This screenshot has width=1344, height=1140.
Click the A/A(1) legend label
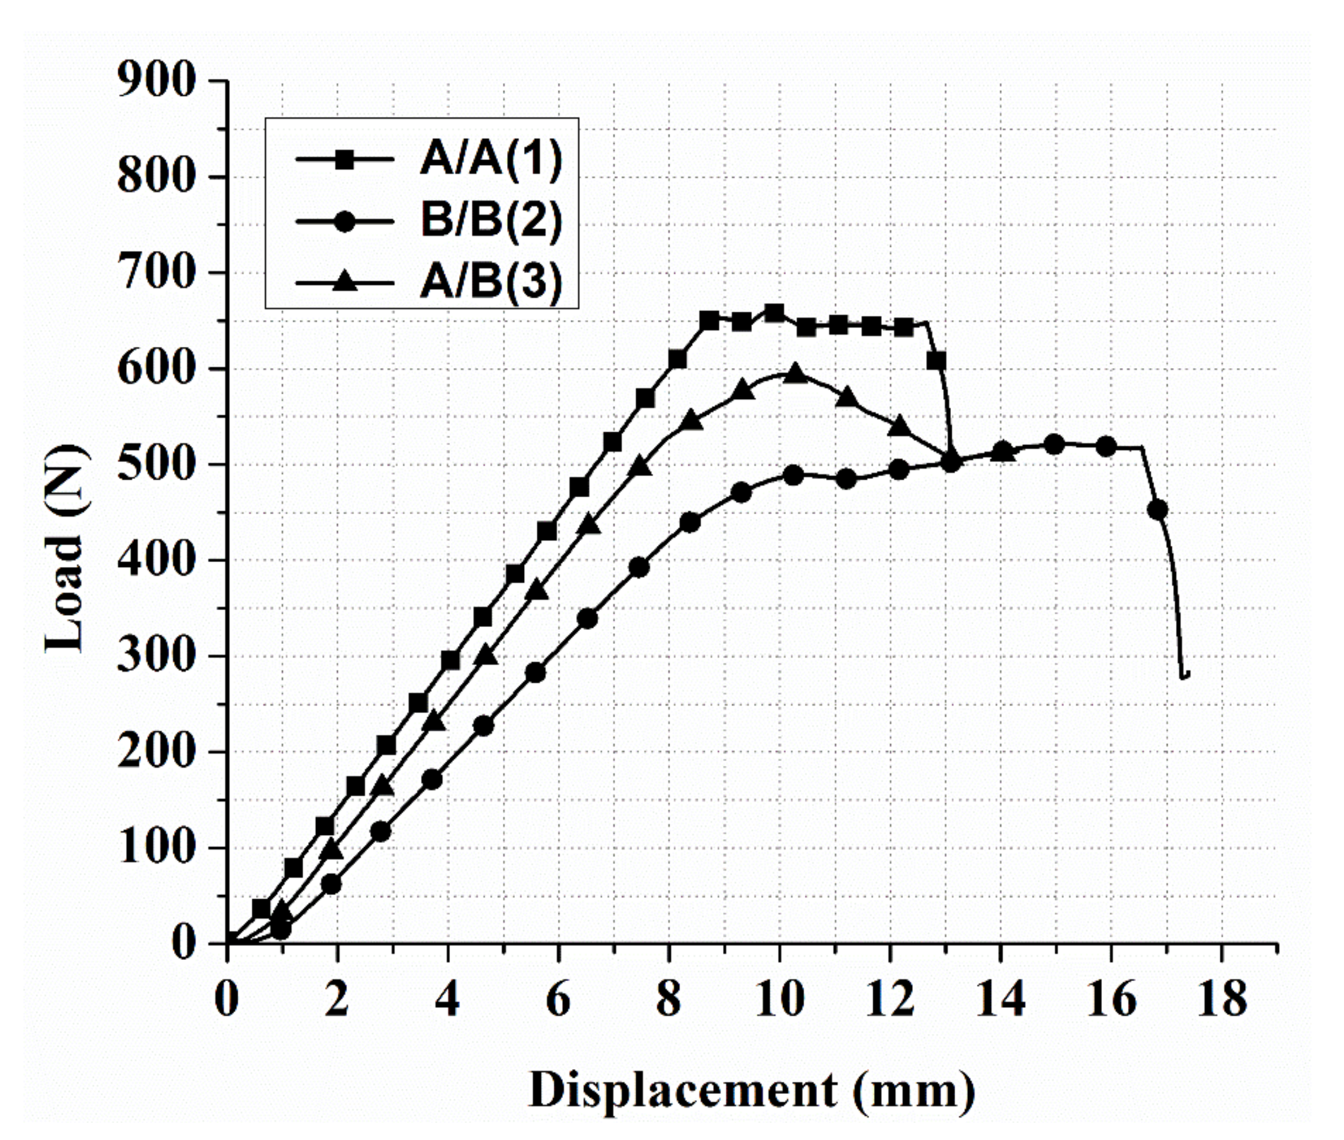click(x=491, y=159)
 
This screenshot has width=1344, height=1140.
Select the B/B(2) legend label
click(x=491, y=220)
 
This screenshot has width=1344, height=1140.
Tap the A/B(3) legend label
click(x=491, y=283)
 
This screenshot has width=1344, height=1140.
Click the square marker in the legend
click(x=344, y=159)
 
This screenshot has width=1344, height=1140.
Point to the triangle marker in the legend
click(x=344, y=282)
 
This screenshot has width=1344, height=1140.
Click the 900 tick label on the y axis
click(x=156, y=81)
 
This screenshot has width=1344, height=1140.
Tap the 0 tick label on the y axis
click(x=184, y=944)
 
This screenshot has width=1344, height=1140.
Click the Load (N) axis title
click(x=65, y=549)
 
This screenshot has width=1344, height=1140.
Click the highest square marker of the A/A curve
click(x=774, y=313)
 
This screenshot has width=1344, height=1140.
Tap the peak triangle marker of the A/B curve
click(x=796, y=374)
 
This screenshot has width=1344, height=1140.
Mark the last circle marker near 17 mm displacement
click(x=1157, y=510)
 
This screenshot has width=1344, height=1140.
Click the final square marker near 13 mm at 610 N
click(x=936, y=361)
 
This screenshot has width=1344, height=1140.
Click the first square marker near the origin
click(x=261, y=908)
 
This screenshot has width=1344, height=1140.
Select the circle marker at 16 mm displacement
click(x=1106, y=446)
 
